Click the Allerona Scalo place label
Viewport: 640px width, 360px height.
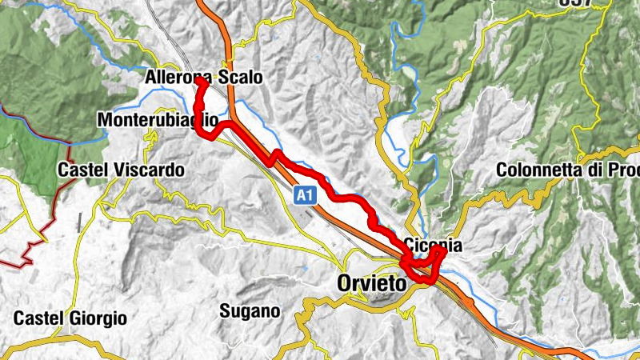[204, 78]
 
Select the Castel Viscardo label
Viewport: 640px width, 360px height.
[121, 170]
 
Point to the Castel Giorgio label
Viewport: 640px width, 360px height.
[70, 318]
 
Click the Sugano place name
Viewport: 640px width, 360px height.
[250, 310]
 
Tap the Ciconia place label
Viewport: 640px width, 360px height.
[434, 244]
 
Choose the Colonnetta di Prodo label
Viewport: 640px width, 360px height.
[567, 170]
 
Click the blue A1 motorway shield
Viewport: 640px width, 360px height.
[304, 194]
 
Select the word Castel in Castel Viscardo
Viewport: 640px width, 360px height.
[82, 170]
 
